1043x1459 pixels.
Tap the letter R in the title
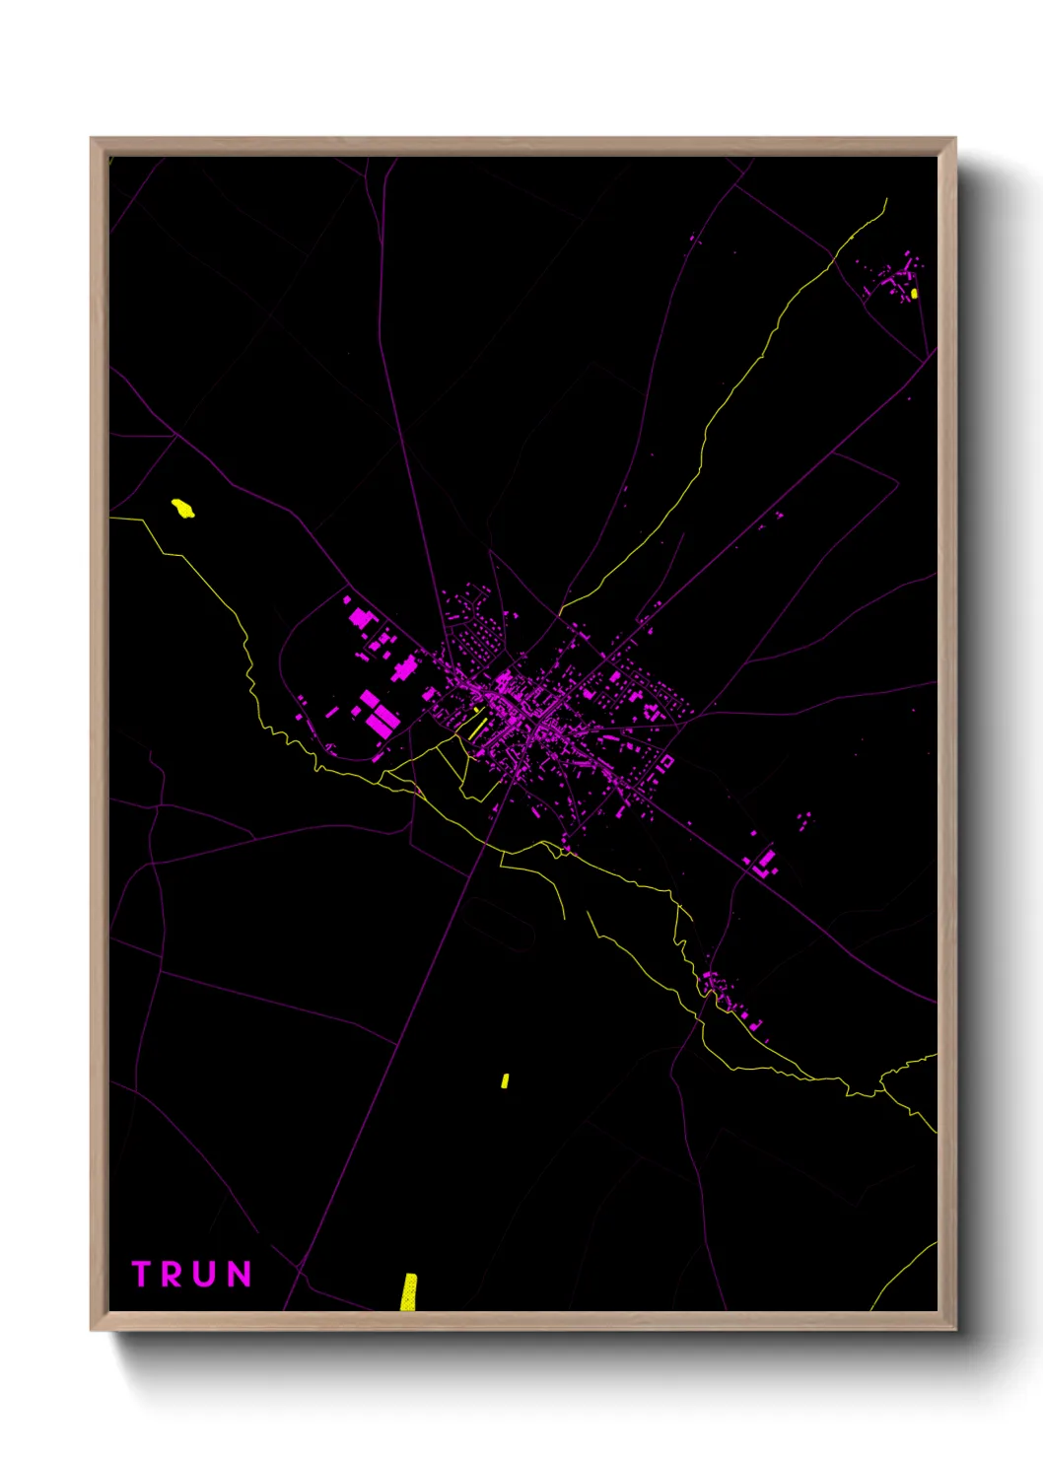(172, 1274)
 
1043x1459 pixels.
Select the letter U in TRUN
(203, 1274)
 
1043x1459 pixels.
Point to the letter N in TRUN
(239, 1274)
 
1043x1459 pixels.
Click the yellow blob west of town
(182, 509)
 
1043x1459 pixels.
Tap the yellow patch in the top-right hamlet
(914, 293)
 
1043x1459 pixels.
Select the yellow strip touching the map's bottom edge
(408, 1291)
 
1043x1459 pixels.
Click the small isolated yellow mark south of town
(505, 1080)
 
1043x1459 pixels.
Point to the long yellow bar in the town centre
(479, 728)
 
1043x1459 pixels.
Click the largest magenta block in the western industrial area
(380, 717)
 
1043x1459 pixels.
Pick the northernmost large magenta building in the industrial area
(361, 618)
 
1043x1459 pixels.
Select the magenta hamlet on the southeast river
(730, 998)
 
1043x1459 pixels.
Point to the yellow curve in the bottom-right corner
(902, 1274)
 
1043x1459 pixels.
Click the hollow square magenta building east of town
(665, 760)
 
